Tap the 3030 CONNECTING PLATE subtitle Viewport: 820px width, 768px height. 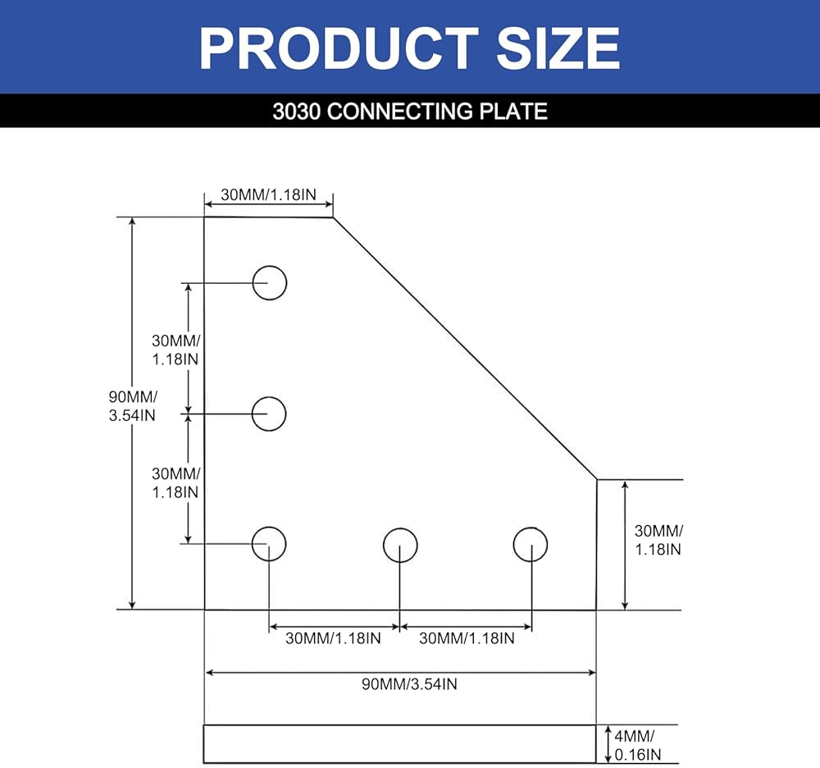[409, 111]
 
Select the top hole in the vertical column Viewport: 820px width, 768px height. [269, 283]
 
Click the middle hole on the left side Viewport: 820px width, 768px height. [269, 414]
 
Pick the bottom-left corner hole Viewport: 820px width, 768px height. [268, 544]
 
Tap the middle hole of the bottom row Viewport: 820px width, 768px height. [400, 545]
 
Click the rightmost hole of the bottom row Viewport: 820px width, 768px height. [531, 545]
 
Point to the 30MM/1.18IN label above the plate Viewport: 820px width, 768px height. [268, 195]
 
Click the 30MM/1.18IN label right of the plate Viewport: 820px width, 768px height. [658, 539]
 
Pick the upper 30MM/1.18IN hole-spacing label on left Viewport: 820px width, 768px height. [175, 350]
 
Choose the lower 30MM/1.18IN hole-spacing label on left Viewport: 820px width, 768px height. [175, 482]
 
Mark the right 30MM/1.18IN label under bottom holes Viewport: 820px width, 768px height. [467, 638]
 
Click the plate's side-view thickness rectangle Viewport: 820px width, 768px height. [399, 744]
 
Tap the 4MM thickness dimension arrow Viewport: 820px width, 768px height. [607, 744]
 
